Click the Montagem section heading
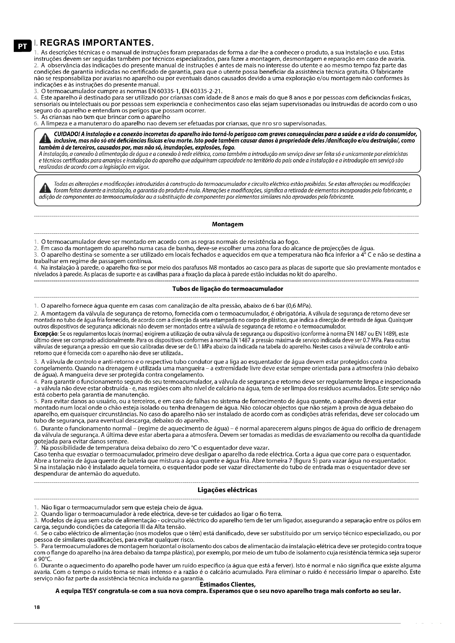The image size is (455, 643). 227,224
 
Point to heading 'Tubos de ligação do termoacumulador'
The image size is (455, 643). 227,289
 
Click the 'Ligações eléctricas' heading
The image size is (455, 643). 227,490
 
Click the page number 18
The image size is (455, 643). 37,608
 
